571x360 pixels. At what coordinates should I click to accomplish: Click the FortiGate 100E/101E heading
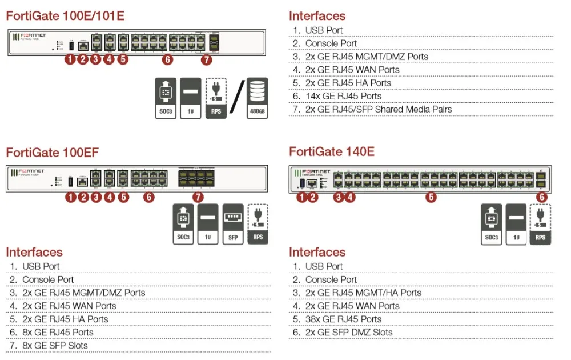[x=65, y=16]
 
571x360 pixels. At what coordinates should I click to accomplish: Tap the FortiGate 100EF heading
[x=52, y=152]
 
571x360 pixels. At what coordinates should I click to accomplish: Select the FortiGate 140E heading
[x=332, y=152]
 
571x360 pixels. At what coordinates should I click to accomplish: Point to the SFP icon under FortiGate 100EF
[x=233, y=224]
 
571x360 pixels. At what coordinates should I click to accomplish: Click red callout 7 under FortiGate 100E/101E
[x=206, y=59]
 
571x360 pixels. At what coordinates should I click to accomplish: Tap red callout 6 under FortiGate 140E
[x=541, y=198]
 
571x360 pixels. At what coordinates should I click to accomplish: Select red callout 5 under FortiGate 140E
[x=431, y=198]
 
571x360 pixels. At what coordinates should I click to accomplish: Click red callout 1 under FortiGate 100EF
[x=70, y=198]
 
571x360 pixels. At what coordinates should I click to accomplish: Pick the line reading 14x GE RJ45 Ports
[x=343, y=96]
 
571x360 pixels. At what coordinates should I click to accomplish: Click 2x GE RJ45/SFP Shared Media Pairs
[x=379, y=109]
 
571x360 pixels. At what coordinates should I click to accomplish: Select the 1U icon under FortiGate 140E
[x=516, y=225]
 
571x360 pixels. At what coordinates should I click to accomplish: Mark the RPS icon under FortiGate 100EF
[x=258, y=224]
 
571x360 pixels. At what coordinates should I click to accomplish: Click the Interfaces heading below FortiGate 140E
[x=317, y=252]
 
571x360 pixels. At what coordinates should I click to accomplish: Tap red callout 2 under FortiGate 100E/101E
[x=83, y=59]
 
